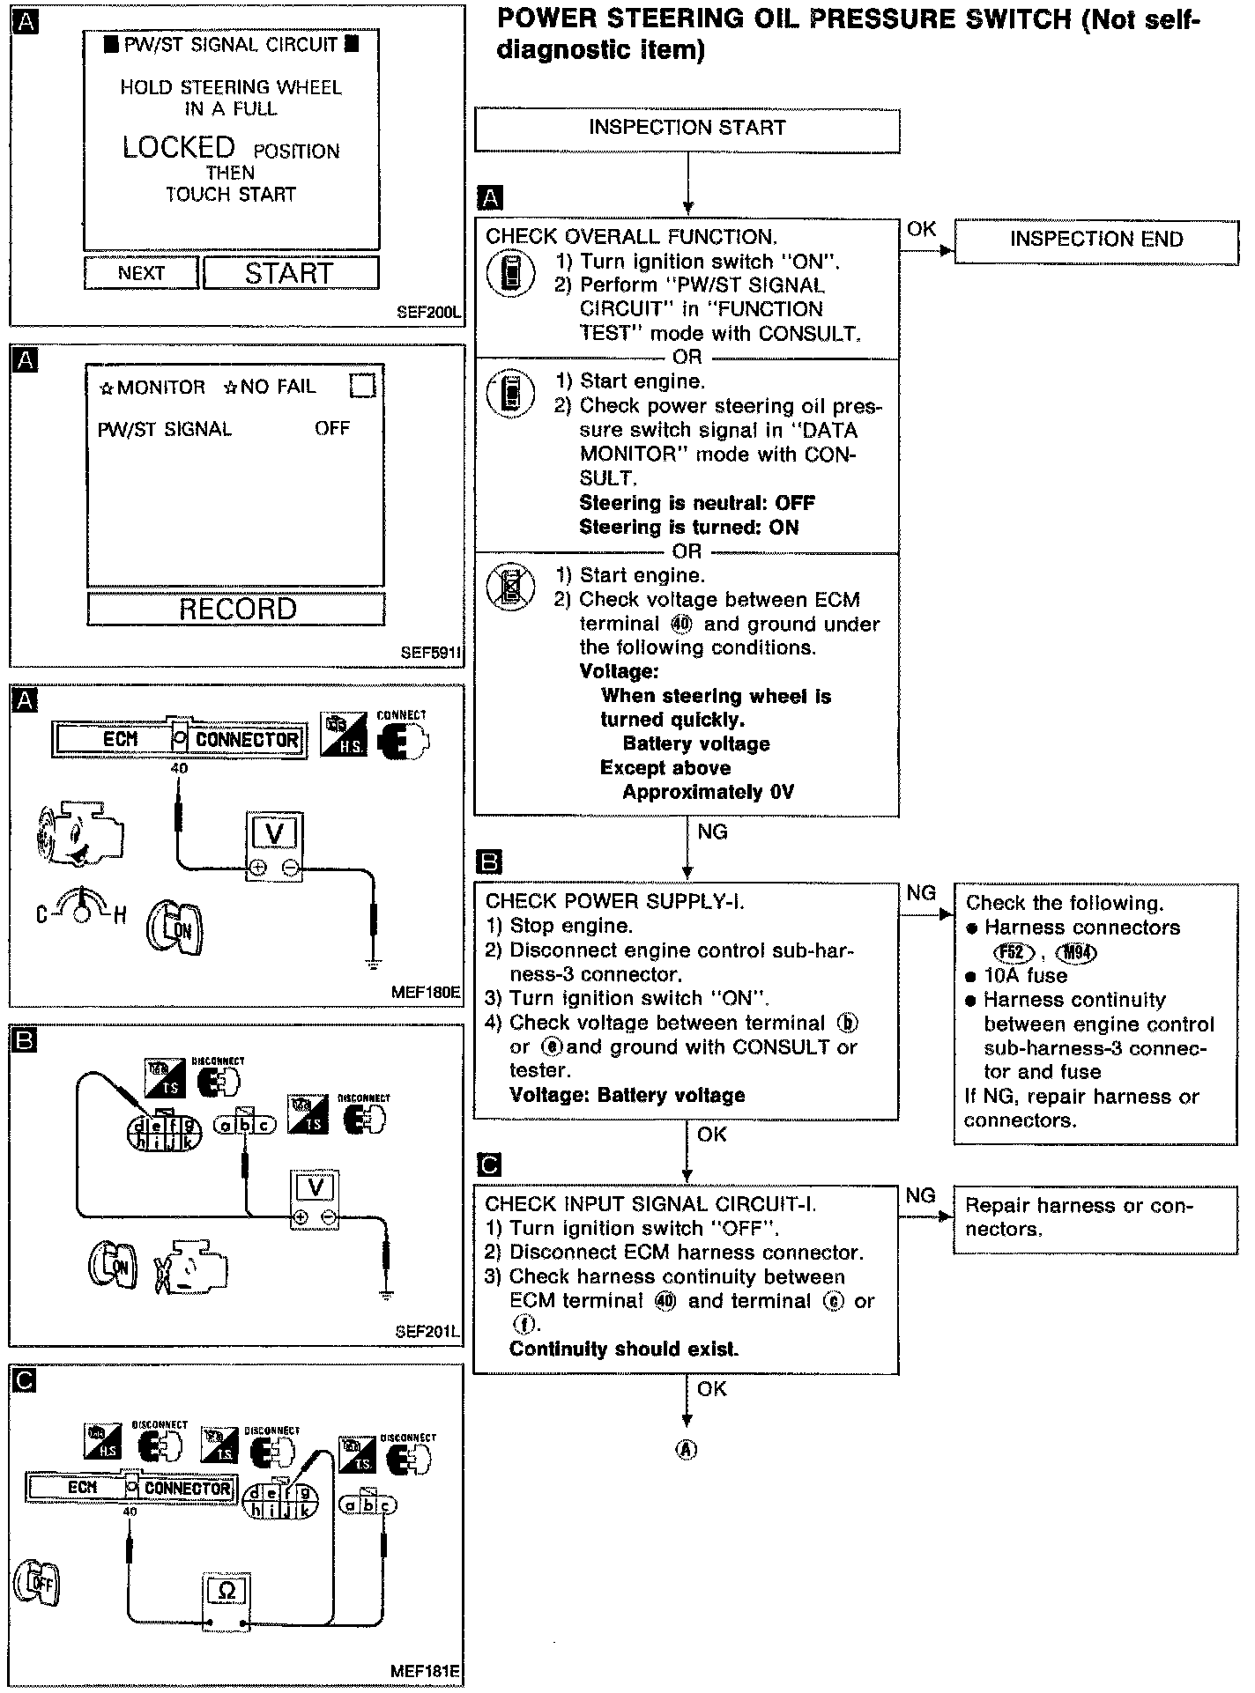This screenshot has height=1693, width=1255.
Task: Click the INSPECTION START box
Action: [687, 129]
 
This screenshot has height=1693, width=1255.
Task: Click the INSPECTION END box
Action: [1095, 240]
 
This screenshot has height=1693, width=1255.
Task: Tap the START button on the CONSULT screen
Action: [290, 273]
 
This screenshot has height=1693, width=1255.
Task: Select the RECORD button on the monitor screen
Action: [236, 609]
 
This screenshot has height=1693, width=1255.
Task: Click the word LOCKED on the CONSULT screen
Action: [179, 148]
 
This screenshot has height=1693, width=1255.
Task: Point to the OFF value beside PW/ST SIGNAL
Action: [332, 429]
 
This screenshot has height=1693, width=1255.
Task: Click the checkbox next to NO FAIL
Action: [361, 386]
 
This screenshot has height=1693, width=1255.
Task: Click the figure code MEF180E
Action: [426, 992]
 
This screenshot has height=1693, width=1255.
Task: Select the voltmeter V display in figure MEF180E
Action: [274, 832]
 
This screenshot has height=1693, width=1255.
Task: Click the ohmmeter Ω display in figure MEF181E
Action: [226, 1591]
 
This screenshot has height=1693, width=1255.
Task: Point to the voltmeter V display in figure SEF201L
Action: [315, 1187]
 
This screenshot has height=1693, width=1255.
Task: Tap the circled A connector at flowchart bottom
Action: [686, 1450]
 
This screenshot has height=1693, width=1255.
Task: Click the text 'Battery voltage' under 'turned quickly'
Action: [696, 744]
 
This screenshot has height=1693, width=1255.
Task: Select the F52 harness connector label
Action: [1011, 952]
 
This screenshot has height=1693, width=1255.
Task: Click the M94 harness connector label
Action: [1079, 952]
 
